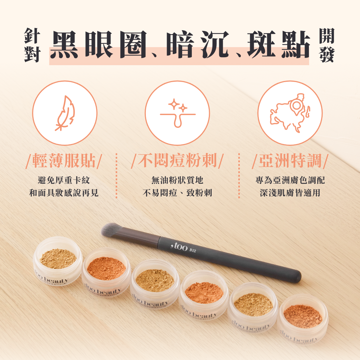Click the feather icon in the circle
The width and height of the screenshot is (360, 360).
[x=65, y=113]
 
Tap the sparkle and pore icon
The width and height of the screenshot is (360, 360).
[x=177, y=113]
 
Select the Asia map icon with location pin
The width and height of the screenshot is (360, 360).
[x=290, y=113]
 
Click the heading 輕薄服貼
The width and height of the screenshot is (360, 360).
[x=64, y=161]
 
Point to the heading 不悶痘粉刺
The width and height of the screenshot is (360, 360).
[x=177, y=161]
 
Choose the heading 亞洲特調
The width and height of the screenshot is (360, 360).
[x=290, y=161]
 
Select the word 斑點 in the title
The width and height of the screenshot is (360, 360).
[x=279, y=44]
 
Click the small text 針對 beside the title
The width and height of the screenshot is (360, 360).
[x=32, y=45]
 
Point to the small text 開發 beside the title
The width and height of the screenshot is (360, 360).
[x=327, y=45]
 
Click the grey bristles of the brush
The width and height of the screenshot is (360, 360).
[x=112, y=229]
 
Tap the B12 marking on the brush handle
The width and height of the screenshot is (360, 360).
[x=193, y=250]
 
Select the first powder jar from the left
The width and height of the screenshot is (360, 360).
[x=58, y=261]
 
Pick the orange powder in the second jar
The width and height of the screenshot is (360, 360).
[x=106, y=268]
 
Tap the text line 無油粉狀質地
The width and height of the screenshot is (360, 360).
[x=177, y=180]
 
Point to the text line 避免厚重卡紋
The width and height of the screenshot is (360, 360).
[x=64, y=180]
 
